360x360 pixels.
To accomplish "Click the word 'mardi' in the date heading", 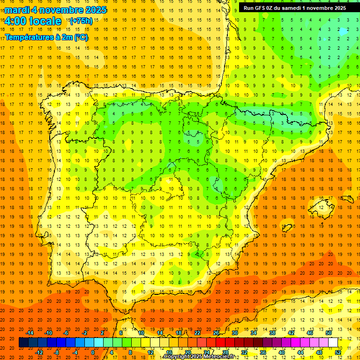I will (x=17, y=10).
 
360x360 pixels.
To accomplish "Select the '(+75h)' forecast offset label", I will (x=81, y=21).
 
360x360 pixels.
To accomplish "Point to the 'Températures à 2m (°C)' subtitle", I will (x=46, y=37).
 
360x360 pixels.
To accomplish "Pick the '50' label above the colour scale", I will (x=329, y=333).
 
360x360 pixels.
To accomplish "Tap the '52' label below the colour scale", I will (x=338, y=352).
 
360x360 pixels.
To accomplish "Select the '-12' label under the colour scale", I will (x=39, y=352).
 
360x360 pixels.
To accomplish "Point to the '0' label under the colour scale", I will (x=93, y=352).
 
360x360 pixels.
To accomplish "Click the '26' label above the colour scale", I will (x=216, y=333).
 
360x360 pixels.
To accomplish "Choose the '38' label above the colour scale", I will (x=272, y=333).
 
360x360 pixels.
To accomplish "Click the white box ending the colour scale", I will (x=333, y=343).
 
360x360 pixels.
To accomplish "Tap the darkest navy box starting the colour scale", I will (x=23, y=343).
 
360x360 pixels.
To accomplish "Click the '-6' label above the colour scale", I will (x=66, y=333).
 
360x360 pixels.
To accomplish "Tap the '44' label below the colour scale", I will (x=300, y=352).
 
